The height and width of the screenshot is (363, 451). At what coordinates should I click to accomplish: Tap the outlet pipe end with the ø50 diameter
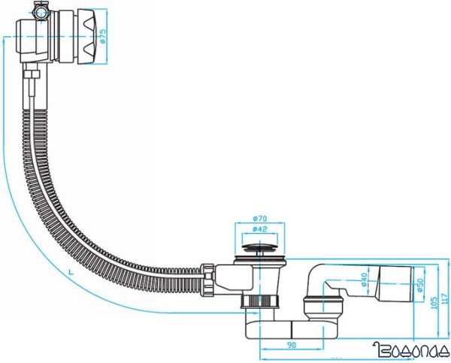click(398, 284)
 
